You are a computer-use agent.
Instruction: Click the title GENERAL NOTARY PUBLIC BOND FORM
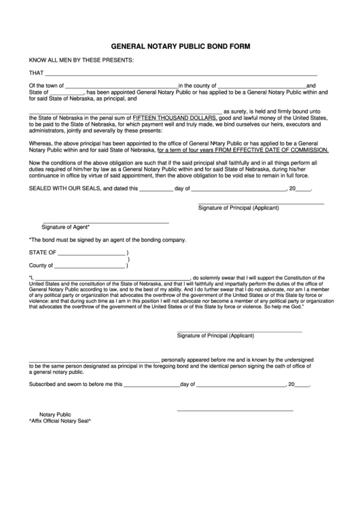click(x=179, y=47)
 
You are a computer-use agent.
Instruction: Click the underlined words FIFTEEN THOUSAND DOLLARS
click(x=175, y=118)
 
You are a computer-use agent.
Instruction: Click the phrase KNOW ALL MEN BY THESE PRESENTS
click(x=81, y=60)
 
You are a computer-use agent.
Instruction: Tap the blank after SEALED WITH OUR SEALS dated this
click(x=156, y=190)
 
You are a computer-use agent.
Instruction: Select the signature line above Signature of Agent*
click(x=105, y=223)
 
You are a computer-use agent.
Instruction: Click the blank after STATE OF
click(x=92, y=253)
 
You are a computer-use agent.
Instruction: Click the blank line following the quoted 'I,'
click(x=112, y=279)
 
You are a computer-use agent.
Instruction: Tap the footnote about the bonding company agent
click(x=107, y=240)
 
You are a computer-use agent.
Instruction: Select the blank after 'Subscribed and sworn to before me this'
click(x=151, y=385)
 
